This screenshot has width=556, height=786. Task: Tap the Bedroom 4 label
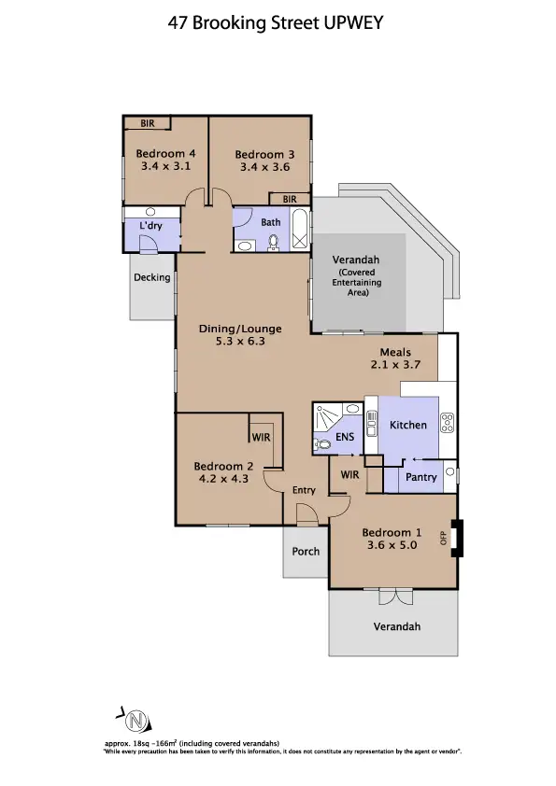[x=165, y=154]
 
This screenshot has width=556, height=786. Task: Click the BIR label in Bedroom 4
[x=147, y=122]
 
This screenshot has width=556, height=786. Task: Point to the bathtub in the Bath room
[x=299, y=230]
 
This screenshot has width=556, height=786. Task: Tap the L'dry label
[x=150, y=227]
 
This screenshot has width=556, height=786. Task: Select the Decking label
[x=151, y=277]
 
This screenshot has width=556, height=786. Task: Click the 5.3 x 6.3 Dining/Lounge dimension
[x=240, y=342]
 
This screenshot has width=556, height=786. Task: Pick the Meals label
[x=395, y=352]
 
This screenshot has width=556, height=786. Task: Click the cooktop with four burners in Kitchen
[x=447, y=423]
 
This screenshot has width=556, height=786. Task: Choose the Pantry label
[x=422, y=477]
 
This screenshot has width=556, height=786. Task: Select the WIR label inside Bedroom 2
[x=259, y=436]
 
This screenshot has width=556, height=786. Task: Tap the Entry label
[x=304, y=490]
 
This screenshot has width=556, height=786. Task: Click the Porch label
[x=306, y=551]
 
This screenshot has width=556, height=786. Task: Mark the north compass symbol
[x=136, y=721]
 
